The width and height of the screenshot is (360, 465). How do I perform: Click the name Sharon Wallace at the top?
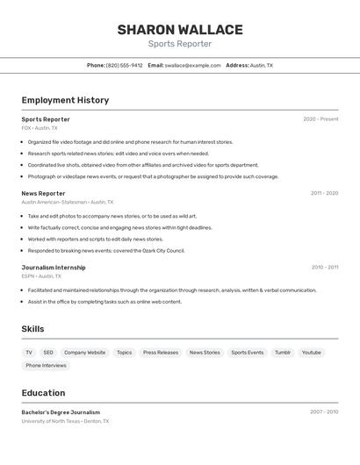pos(179,29)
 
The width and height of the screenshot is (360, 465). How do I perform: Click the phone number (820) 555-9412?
pos(124,65)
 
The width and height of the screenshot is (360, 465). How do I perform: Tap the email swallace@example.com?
pos(192,65)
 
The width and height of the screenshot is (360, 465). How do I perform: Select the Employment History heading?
pos(65,100)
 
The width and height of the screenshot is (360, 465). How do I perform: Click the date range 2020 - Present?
pos(320,119)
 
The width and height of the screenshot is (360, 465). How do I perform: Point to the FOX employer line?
pos(40,128)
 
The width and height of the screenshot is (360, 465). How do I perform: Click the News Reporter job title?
pos(43,193)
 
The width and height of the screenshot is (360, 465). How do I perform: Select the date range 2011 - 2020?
pos(324,193)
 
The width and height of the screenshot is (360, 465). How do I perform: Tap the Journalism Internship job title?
pos(54,268)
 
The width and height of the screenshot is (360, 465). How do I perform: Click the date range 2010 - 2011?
pos(324,268)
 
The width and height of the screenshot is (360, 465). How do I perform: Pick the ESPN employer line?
pos(41,276)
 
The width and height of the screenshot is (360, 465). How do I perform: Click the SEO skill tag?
pos(48,353)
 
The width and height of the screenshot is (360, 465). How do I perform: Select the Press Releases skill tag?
pos(161,353)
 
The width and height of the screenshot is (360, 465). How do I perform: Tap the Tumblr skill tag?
pos(282,353)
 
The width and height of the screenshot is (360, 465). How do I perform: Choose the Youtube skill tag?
pos(312,353)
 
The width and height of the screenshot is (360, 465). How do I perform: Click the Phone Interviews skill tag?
pos(46,366)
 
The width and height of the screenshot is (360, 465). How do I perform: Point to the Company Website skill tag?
pos(84,353)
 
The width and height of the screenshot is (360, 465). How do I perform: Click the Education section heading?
pos(43,393)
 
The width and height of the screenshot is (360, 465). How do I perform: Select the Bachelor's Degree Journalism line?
pos(61,412)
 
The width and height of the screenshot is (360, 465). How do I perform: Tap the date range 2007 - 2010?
pos(324,411)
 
